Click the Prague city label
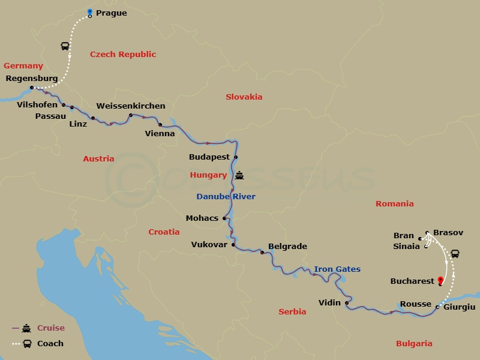[111, 13]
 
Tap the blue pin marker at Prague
[89, 12]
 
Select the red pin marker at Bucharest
[440, 280]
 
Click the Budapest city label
[209, 157]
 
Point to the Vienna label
[160, 134]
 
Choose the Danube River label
[226, 197]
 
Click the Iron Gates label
[337, 269]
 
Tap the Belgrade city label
[287, 247]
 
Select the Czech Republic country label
[123, 55]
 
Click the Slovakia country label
[244, 97]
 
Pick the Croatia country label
[164, 232]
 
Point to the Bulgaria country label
[414, 344]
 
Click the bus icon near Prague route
[64, 46]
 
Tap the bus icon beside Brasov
[455, 253]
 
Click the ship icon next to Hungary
[240, 176]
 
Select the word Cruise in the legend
[51, 328]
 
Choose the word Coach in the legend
[50, 344]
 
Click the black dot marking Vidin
[347, 303]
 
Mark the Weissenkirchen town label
[131, 106]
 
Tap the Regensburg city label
[31, 79]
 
